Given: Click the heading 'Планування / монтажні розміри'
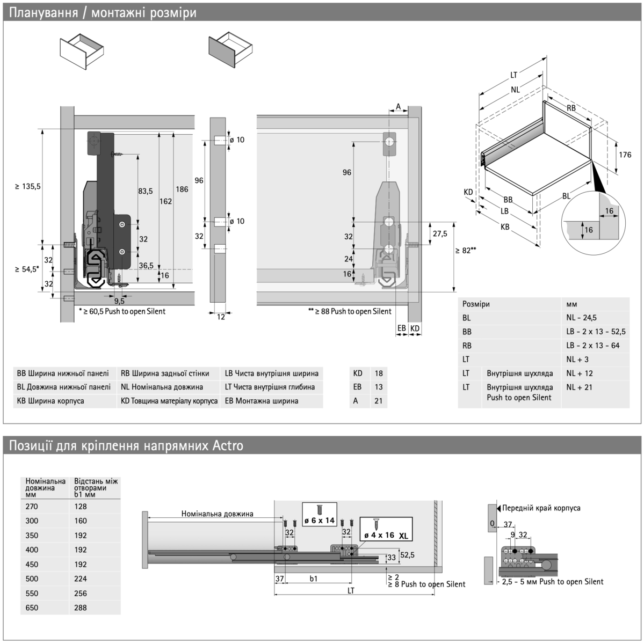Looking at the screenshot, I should (103, 12).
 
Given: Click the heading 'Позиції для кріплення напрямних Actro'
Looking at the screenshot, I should (126, 446).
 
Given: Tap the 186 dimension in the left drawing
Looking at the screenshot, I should (182, 189).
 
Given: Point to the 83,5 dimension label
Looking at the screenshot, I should (146, 191).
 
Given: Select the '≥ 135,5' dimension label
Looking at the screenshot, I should (28, 186).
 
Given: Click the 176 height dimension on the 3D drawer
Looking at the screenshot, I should (625, 155).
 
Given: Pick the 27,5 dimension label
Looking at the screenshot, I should (440, 233).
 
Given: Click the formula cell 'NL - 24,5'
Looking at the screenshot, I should (581, 318).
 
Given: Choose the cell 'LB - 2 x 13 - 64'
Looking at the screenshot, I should (592, 346).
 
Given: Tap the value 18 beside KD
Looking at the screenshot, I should (379, 374).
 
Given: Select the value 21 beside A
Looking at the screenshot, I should (379, 401).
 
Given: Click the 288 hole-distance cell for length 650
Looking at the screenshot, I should (81, 608).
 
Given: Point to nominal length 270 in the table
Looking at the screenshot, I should (32, 506).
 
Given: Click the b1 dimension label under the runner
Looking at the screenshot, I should (314, 579).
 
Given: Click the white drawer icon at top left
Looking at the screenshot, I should (81, 52).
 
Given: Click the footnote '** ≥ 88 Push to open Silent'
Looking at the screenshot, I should (350, 311).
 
